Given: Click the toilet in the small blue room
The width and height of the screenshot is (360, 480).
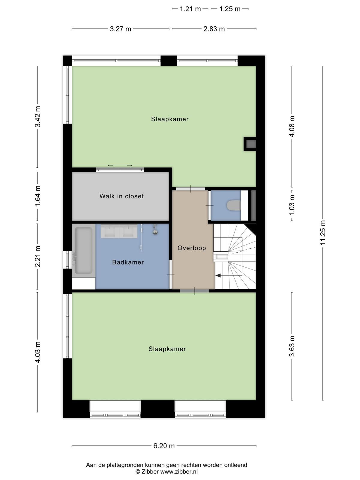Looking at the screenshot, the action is tap(234, 205).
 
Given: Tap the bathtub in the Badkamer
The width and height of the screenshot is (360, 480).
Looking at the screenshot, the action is tap(83, 250).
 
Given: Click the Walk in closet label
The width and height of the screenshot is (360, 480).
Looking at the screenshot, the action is tap(121, 196).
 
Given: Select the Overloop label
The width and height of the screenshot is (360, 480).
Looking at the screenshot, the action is tap(192, 248).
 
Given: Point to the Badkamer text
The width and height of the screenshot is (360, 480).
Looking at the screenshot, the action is tap(128, 262).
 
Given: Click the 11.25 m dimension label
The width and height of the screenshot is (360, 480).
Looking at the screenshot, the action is tap(323, 232).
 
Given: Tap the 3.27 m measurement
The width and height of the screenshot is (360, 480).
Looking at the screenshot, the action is tap(120, 29).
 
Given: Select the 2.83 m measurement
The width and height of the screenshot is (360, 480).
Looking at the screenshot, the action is tap(214, 29).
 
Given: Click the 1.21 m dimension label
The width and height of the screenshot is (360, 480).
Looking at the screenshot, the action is tap(190, 9).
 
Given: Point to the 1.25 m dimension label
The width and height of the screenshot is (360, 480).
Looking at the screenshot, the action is tap(230, 9).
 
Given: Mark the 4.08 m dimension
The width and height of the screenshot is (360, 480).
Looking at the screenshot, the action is tap(292, 126).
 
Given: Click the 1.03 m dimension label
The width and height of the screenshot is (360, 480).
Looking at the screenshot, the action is tap(292, 205).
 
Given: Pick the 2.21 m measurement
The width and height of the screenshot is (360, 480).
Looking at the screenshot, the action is tap(37, 256).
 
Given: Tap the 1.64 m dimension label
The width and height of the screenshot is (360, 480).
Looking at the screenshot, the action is tap(37, 196).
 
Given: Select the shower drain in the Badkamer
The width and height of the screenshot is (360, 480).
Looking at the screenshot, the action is tap(155, 232).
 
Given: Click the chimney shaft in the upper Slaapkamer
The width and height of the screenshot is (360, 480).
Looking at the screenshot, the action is tap(250, 144).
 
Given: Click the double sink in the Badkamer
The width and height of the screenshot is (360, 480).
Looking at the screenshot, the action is tap(119, 231).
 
